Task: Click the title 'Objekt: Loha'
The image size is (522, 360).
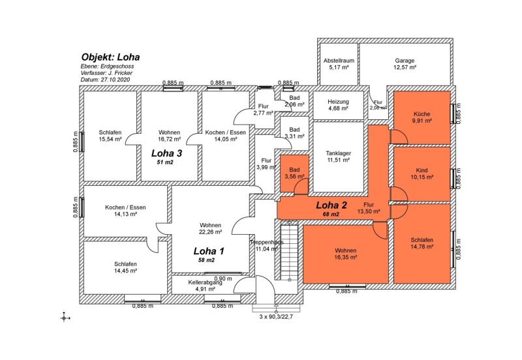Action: point(110,57)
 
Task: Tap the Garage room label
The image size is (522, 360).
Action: point(404,64)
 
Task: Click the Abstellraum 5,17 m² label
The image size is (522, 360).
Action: point(339,64)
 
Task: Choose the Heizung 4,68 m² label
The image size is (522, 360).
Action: point(338,105)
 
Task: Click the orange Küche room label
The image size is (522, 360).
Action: point(421,117)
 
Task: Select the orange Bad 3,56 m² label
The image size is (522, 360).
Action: point(295,173)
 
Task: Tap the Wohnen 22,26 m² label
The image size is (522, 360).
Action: point(210,228)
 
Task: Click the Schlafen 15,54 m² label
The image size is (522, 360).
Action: point(110,136)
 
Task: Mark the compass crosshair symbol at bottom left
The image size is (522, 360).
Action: point(64,317)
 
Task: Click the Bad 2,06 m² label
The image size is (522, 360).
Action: point(294,100)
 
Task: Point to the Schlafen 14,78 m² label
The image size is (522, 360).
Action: point(422,243)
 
